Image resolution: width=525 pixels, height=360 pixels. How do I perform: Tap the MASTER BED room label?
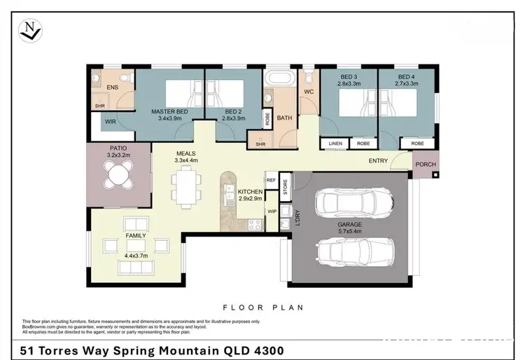pos(170,111)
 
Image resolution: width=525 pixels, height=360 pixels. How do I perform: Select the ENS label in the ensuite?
pos(111,88)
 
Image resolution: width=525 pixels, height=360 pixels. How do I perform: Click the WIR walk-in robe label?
pos(110,121)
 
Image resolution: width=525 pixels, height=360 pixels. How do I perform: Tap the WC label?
pos(308,92)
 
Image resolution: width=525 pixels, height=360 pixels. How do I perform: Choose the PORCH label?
pos(425,165)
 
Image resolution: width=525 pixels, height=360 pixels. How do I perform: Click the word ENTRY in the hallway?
pos(379,161)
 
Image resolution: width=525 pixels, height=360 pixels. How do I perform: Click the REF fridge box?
pos(271,179)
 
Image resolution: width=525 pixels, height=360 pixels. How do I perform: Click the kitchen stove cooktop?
pos(255,225)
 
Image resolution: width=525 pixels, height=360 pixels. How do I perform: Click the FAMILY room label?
pos(136,236)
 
